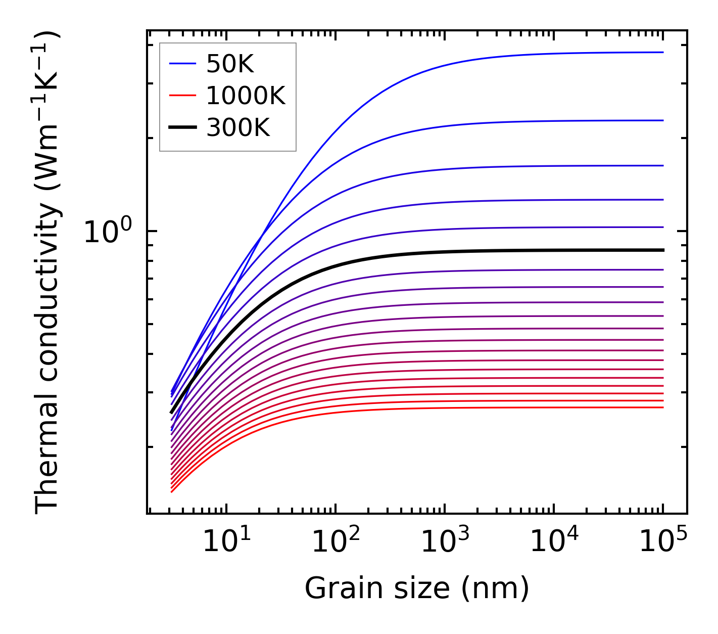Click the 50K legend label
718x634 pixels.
point(230,64)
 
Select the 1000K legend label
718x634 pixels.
point(246,96)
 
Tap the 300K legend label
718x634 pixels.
point(238,128)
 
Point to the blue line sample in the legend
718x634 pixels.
point(182,64)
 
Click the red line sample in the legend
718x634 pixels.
point(182,96)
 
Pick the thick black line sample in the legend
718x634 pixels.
point(182,128)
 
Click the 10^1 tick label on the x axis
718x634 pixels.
point(226,542)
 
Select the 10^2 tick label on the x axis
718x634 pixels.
point(336,542)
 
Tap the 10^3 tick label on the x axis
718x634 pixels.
point(445,542)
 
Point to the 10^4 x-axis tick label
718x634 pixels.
point(554,542)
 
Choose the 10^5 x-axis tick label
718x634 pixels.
point(663,542)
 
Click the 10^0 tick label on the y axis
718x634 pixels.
point(108,231)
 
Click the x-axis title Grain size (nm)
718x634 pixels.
point(417,588)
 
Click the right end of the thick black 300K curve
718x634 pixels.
point(662,250)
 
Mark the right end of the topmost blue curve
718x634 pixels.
point(662,52)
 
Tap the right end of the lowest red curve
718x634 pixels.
point(662,407)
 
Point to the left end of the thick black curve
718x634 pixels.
point(171,413)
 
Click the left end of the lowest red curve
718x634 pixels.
point(172,491)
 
